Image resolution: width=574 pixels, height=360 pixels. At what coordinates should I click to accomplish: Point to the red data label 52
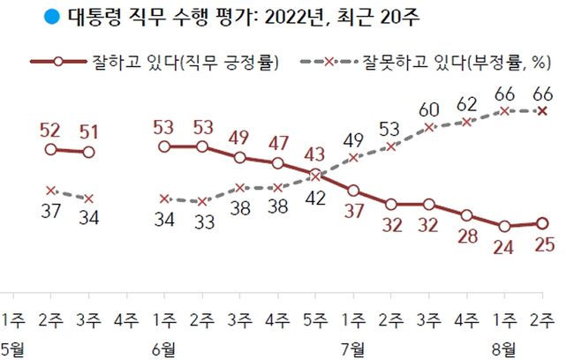pyautogui.click(x=50, y=130)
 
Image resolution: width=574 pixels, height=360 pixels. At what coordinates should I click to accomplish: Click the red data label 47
pyautogui.click(x=279, y=143)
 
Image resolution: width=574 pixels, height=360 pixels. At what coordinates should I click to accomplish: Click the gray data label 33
pyautogui.click(x=203, y=223)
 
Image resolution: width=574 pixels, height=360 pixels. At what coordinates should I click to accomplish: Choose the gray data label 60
pyautogui.click(x=429, y=109)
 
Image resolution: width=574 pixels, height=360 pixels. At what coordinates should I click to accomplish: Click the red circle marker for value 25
pyautogui.click(x=542, y=223)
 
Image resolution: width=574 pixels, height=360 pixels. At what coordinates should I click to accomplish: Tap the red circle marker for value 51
pyautogui.click(x=88, y=153)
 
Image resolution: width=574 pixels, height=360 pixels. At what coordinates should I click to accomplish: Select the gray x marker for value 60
pyautogui.click(x=429, y=128)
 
